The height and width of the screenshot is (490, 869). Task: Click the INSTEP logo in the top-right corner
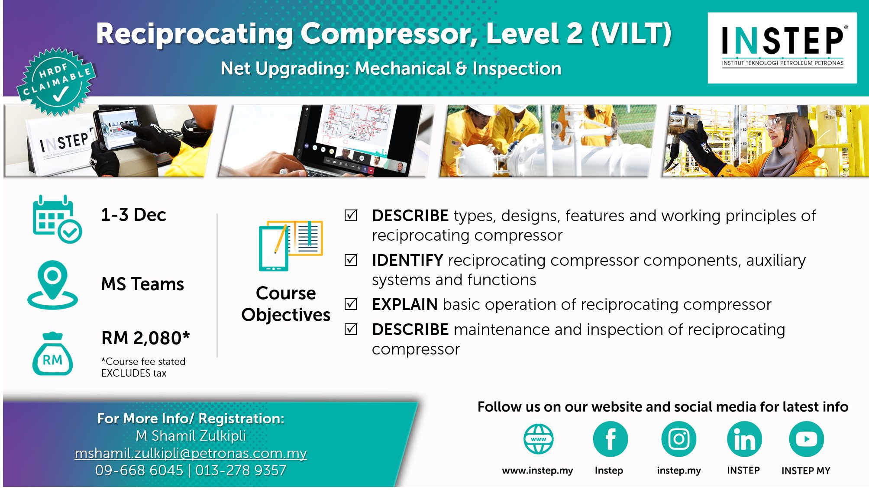click(782, 48)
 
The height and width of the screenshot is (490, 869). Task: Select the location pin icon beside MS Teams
click(52, 285)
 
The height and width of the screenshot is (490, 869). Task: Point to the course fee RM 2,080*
click(145, 338)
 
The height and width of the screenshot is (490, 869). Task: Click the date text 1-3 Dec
click(133, 215)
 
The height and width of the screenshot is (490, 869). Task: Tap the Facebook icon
click(610, 439)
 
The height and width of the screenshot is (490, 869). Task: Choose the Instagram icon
click(678, 439)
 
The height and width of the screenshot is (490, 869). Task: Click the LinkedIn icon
click(744, 439)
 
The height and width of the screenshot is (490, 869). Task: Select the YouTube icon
click(806, 439)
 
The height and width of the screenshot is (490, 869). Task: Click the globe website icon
click(538, 439)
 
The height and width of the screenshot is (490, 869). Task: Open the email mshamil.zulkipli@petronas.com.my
click(191, 453)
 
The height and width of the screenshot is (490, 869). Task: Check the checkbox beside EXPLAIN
click(351, 304)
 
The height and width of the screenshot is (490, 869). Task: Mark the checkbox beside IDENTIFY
click(351, 260)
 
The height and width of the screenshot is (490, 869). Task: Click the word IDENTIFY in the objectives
click(407, 260)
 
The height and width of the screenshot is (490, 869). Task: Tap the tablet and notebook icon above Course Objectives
click(291, 245)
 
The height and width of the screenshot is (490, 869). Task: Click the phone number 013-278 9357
click(241, 471)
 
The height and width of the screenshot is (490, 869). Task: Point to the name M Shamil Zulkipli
click(191, 436)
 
